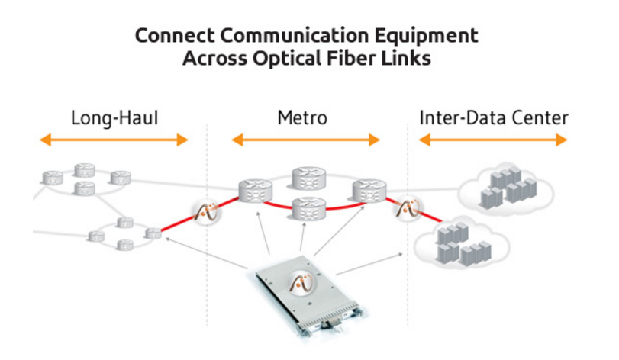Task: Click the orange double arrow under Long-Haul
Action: tap(114, 140)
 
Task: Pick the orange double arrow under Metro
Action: tap(305, 140)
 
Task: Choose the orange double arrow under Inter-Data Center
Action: tap(493, 140)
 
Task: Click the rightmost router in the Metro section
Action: tap(369, 190)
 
